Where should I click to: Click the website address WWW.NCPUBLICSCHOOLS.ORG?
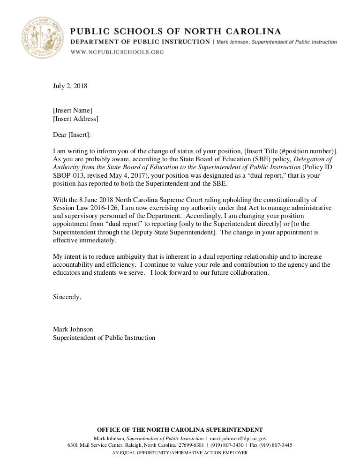(x=117, y=52)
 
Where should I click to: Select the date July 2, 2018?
(x=70, y=86)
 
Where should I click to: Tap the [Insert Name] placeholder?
(x=73, y=111)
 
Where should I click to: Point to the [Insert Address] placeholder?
(x=75, y=119)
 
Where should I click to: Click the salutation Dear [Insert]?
(x=73, y=135)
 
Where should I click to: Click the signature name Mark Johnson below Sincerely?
(x=73, y=330)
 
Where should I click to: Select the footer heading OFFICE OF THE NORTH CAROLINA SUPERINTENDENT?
(x=180, y=430)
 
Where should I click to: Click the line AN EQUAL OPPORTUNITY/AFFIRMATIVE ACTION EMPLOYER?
(x=180, y=453)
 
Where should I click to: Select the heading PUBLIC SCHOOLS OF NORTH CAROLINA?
(x=176, y=32)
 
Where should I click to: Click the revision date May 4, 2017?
(x=107, y=175)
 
